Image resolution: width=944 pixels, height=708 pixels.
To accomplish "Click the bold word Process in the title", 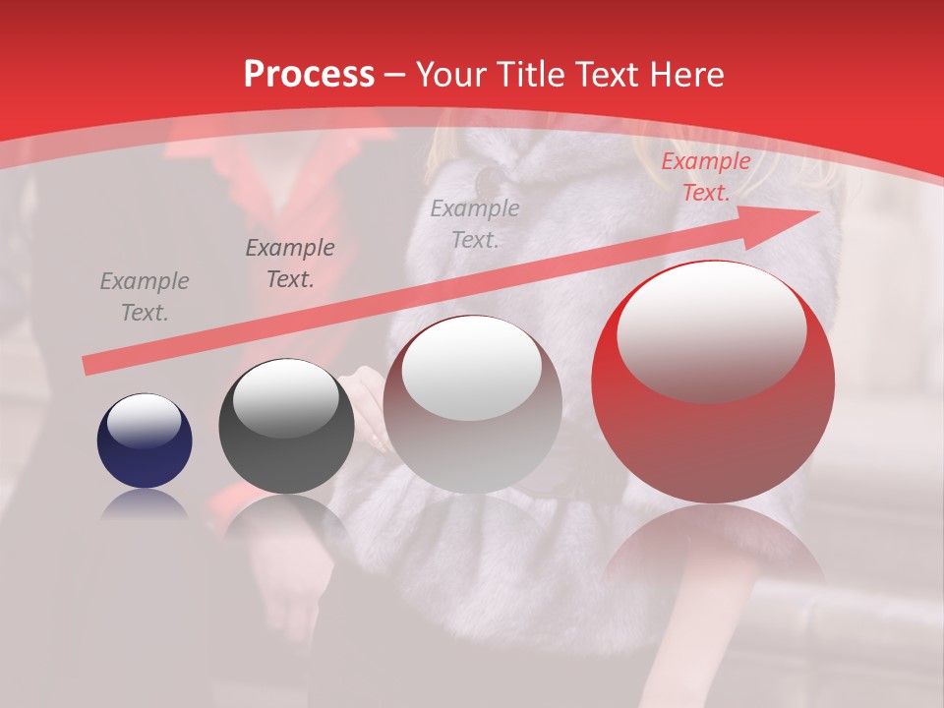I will tap(309, 75).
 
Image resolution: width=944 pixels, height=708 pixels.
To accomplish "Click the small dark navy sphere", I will tap(145, 442).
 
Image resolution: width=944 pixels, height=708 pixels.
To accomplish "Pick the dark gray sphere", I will tap(286, 427).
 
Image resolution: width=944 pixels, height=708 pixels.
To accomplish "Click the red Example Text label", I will tap(705, 177).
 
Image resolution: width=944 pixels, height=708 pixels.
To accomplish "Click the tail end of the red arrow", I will tap(89, 366).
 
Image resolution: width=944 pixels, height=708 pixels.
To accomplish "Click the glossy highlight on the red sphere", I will tap(711, 329).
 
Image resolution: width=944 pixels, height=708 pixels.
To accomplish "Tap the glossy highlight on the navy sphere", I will tap(144, 420).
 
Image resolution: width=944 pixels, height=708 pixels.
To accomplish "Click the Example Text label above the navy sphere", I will tap(144, 297).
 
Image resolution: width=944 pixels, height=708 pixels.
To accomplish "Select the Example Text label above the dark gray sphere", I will tap(289, 264).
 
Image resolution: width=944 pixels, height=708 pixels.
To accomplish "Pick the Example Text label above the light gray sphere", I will tap(474, 223).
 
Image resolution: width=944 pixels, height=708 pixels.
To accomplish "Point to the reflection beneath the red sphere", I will tap(713, 551).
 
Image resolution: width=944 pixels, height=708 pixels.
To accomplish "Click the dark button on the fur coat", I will tap(487, 181).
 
